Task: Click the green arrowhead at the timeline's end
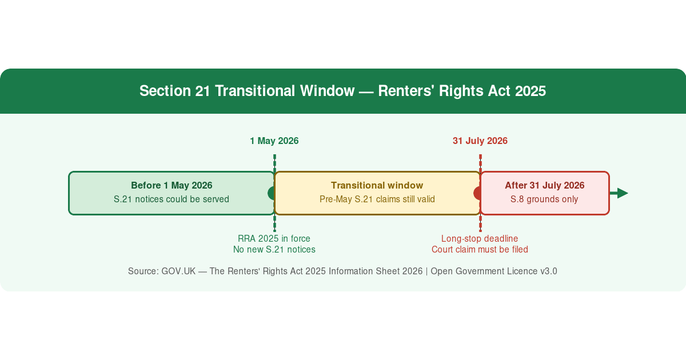(x=623, y=193)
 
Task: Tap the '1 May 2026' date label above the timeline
(x=274, y=141)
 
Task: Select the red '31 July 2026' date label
(x=480, y=141)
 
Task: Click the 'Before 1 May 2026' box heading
(x=171, y=185)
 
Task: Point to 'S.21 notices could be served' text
(x=171, y=199)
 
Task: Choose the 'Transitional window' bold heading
(x=377, y=185)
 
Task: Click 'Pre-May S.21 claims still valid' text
(x=377, y=199)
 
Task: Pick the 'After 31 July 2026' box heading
(x=544, y=185)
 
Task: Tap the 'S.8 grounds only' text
(x=544, y=199)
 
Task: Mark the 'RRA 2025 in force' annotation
(x=274, y=238)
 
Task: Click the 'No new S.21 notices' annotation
(x=274, y=250)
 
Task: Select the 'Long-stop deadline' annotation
(x=480, y=238)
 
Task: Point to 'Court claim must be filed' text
(x=480, y=250)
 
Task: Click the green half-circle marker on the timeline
(x=271, y=193)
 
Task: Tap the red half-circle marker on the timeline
(x=477, y=193)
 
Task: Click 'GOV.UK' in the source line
(x=178, y=271)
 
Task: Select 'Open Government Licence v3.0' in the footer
(x=494, y=271)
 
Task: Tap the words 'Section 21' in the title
(x=174, y=91)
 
